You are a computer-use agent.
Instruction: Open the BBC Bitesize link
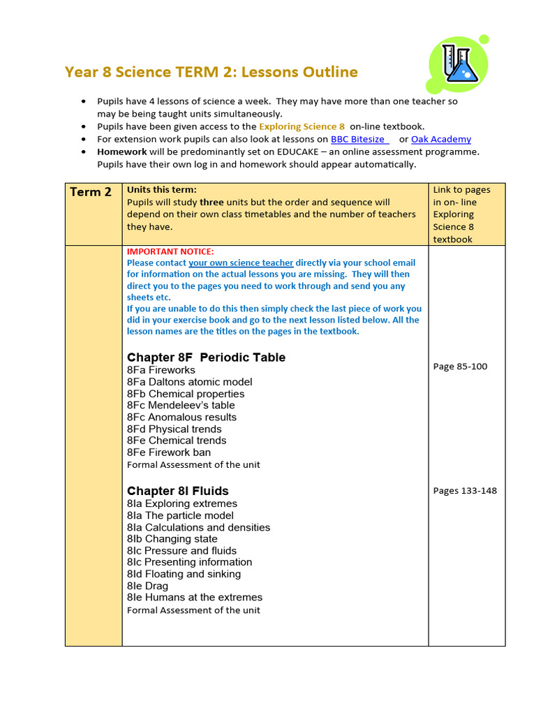tap(357, 139)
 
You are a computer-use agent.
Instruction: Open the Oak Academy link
tap(440, 139)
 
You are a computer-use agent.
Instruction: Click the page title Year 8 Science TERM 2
tap(211, 72)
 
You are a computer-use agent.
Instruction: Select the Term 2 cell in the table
tap(91, 192)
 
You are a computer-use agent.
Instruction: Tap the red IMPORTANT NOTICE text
tap(170, 251)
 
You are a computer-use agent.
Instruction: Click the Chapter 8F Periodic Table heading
tap(206, 357)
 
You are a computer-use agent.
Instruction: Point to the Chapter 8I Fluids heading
tap(177, 491)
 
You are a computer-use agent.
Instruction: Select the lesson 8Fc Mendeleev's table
tap(181, 405)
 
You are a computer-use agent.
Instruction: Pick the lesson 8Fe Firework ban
tap(168, 452)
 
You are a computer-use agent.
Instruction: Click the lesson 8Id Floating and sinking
tap(184, 574)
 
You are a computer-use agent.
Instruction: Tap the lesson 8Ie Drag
tap(147, 586)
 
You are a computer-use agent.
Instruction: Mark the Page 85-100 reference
tap(460, 367)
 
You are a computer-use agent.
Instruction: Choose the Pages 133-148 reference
tap(465, 491)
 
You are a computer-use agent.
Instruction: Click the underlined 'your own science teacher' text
tap(241, 263)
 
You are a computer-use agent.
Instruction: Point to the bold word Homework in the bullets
tap(121, 152)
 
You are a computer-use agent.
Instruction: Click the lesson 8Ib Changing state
tap(172, 539)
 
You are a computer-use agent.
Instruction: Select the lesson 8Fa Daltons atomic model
tap(189, 382)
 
